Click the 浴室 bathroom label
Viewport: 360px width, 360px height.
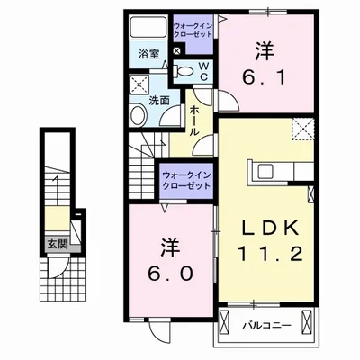pyautogui.click(x=149, y=54)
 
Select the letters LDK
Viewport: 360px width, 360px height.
pyautogui.click(x=265, y=228)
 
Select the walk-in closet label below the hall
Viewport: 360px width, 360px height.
pyautogui.click(x=187, y=177)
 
